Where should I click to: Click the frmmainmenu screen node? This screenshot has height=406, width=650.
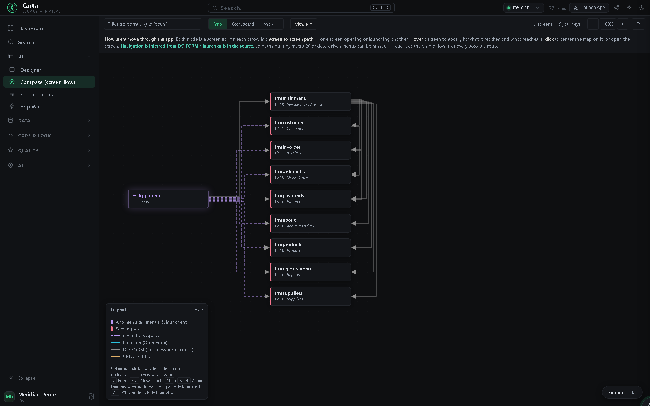pyautogui.click(x=310, y=101)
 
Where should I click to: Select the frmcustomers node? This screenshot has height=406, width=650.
pyautogui.click(x=310, y=126)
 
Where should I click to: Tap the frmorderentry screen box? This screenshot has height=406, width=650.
pyautogui.click(x=310, y=175)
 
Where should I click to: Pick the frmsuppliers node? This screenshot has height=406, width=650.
pyautogui.click(x=310, y=296)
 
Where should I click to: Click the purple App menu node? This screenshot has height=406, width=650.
pyautogui.click(x=168, y=199)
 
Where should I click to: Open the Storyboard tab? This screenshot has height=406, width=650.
pyautogui.click(x=243, y=24)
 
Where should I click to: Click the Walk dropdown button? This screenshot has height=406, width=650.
pyautogui.click(x=271, y=24)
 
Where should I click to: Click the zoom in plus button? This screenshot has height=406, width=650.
pyautogui.click(x=623, y=24)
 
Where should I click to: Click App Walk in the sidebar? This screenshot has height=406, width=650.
pyautogui.click(x=32, y=107)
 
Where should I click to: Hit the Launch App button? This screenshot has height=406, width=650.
pyautogui.click(x=589, y=8)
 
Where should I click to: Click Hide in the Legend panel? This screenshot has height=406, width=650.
pyautogui.click(x=198, y=310)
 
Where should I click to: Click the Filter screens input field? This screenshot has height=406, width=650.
pyautogui.click(x=153, y=24)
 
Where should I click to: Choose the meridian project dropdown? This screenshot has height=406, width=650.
pyautogui.click(x=523, y=8)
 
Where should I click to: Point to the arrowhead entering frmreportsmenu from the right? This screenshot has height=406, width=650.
pyautogui.click(x=353, y=272)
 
